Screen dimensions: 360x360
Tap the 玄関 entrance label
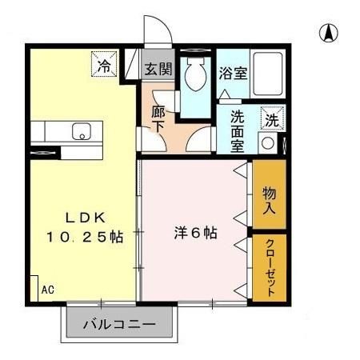coord(158,69)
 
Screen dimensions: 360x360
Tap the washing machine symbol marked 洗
coord(272,120)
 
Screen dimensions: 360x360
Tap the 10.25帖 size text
coord(83,238)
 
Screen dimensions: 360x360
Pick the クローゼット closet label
coord(270,266)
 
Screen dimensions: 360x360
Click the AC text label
coord(47,290)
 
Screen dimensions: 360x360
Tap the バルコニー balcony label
coord(119,326)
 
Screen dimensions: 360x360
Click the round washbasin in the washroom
coord(268,145)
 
